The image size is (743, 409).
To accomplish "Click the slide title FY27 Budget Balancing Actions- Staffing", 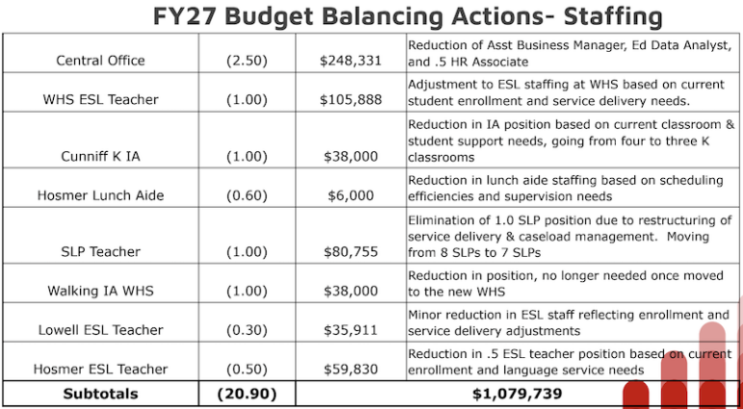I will tap(409, 16).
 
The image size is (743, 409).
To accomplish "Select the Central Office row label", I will tap(100, 61).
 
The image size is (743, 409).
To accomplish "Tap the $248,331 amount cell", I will tap(350, 61).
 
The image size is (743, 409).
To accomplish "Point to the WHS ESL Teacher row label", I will tap(100, 100).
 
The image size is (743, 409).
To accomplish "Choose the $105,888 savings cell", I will tap(350, 100).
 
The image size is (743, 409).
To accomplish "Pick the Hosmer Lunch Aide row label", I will tap(100, 195).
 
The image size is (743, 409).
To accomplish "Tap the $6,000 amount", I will tap(350, 195).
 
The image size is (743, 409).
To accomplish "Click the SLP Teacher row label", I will tap(100, 252).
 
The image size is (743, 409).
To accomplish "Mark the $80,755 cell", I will tap(350, 252).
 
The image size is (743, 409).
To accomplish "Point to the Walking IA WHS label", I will tap(100, 291).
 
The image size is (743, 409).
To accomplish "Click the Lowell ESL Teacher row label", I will tap(100, 330).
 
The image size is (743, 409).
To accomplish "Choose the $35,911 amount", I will tap(350, 330).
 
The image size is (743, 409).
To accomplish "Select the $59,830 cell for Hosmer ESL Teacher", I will tap(350, 369).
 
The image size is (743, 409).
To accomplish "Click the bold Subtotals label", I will tap(100, 394).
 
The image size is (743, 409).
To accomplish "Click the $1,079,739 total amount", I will tap(517, 394).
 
